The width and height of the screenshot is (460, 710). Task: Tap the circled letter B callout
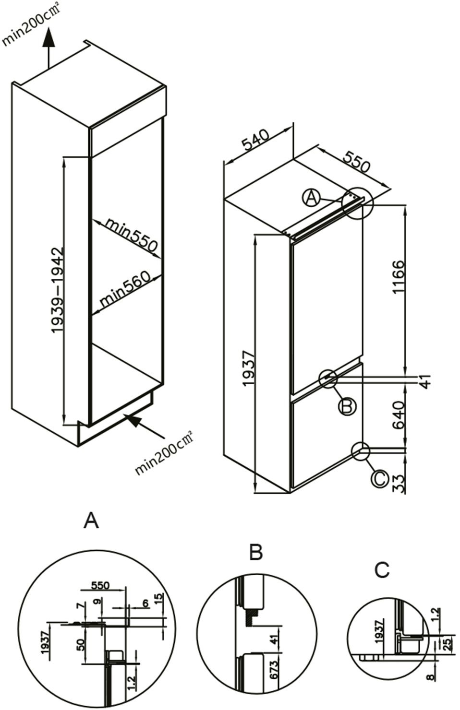pyautogui.click(x=347, y=407)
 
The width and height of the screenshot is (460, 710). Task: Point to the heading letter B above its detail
pyautogui.click(x=256, y=553)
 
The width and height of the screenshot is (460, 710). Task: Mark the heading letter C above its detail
pyautogui.click(x=382, y=570)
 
